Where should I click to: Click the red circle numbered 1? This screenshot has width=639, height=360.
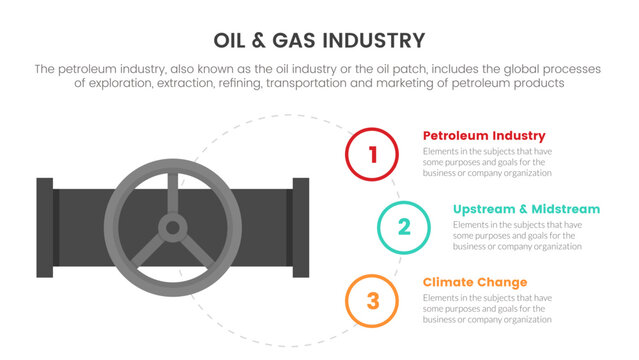373,154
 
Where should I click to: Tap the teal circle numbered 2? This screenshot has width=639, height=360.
404,227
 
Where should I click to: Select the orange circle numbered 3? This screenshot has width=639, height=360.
373,300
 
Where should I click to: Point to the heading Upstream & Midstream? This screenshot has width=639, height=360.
526,209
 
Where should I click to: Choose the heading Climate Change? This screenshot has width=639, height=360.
475,282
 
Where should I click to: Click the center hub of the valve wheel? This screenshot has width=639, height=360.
172,228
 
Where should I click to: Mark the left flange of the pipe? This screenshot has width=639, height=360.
45,228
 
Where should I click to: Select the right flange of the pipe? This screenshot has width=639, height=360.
301,228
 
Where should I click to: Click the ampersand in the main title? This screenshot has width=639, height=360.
266,40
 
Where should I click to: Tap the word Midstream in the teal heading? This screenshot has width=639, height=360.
564,209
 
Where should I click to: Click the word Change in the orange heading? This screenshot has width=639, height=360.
503,282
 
